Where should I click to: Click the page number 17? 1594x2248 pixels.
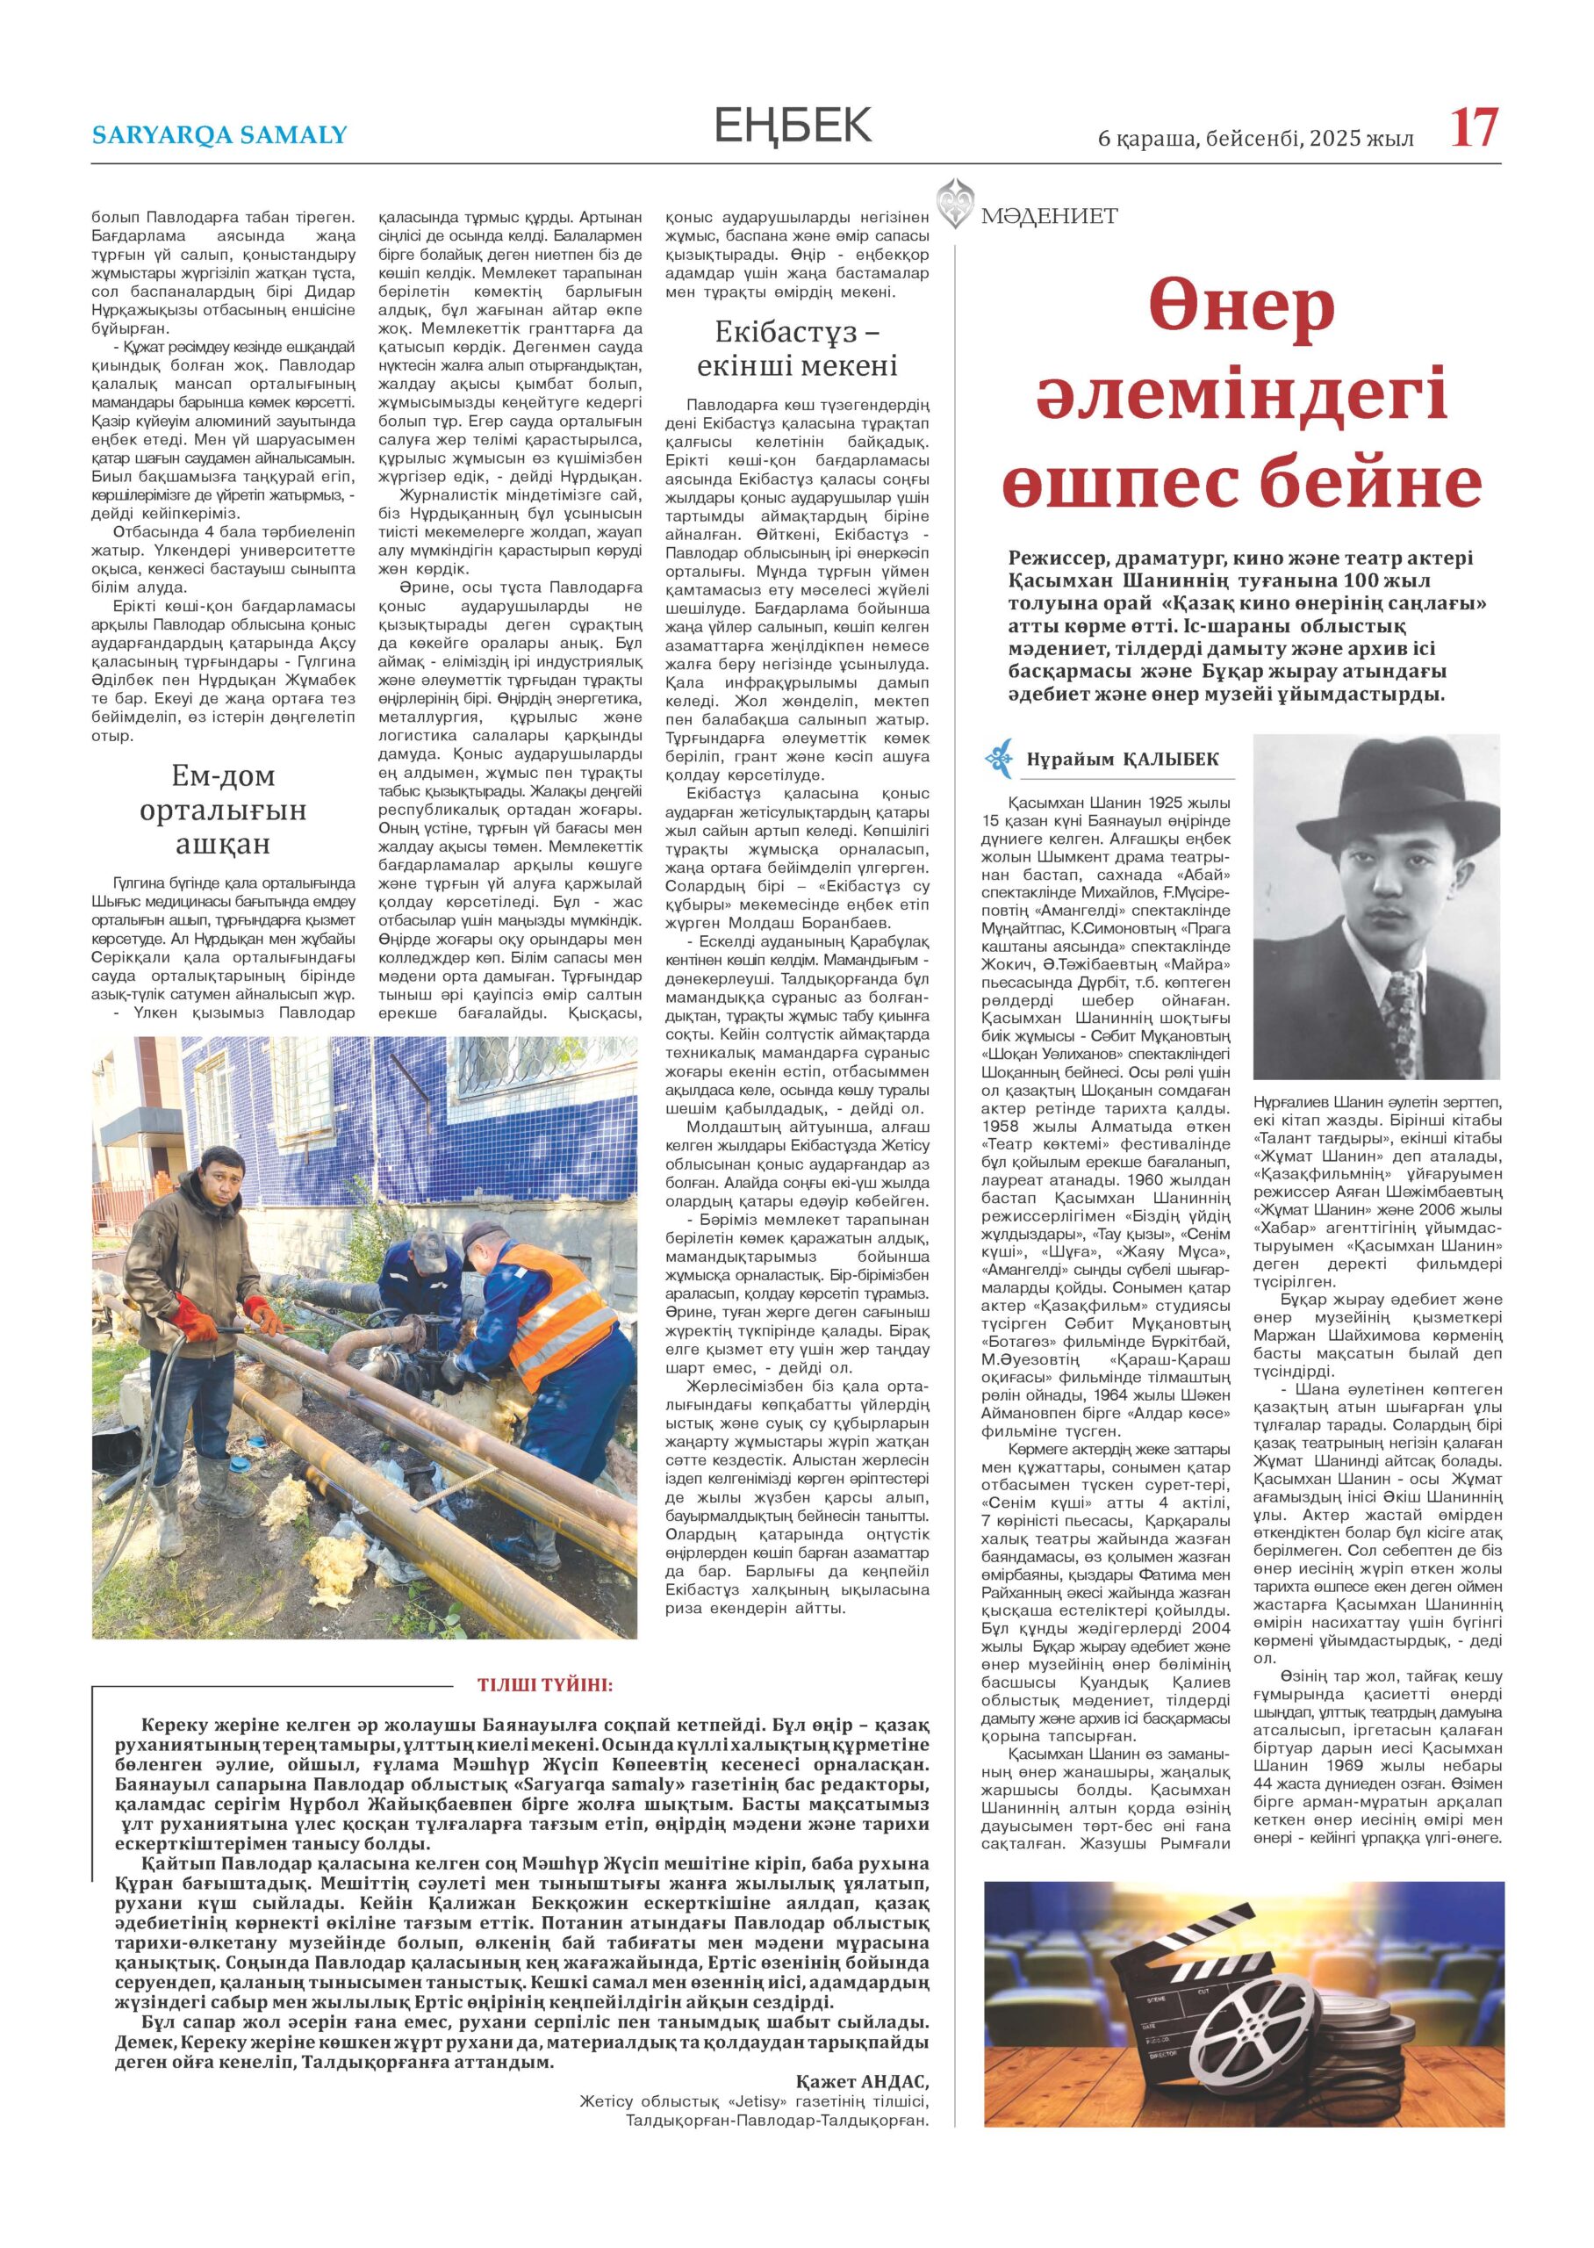1476,130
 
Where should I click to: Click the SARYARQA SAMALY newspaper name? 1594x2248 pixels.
219,134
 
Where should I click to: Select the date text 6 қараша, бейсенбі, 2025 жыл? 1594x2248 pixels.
1255,139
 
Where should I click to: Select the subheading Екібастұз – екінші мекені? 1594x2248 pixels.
797,349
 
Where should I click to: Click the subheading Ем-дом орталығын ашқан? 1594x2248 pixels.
223,810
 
